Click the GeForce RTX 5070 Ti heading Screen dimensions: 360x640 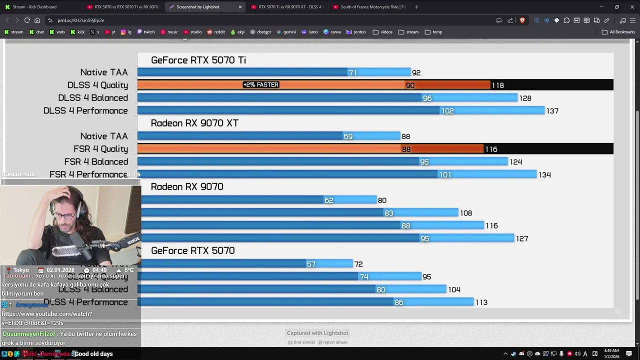(198, 60)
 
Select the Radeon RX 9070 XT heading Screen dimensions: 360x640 (194, 123)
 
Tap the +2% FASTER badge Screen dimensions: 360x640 (260, 85)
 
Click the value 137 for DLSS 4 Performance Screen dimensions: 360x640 (552, 111)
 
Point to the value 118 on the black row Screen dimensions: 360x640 (498, 85)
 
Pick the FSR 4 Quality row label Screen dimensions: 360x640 (100, 149)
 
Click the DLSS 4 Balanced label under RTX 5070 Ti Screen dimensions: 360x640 (93, 98)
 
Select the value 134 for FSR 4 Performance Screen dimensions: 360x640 (544, 175)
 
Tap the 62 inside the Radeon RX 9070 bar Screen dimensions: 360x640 (328, 200)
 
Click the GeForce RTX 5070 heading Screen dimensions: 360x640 (192, 251)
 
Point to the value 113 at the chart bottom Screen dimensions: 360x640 (481, 302)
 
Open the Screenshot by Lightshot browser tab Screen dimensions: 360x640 (198, 7)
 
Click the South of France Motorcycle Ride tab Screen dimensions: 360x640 (372, 7)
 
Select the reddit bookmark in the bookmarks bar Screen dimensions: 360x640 (216, 32)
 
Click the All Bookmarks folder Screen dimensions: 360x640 (618, 32)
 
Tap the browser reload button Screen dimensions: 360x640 (27, 20)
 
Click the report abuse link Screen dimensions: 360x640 (334, 342)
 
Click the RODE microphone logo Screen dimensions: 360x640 (133, 241)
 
